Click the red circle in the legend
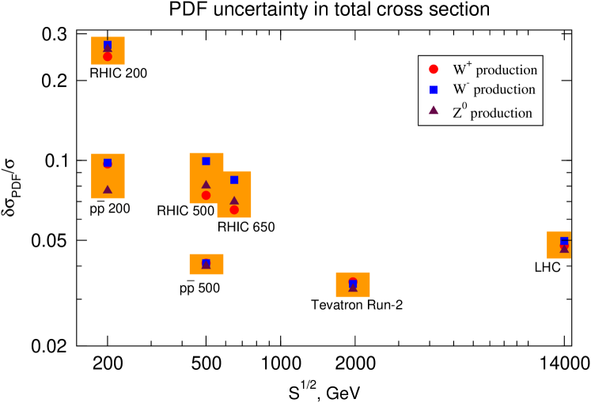coord(434,69)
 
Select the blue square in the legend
coord(434,89)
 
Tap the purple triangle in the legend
coord(434,111)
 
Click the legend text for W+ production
coord(494,70)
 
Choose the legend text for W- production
coord(494,90)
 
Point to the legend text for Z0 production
coord(492,112)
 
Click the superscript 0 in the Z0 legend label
coord(464,105)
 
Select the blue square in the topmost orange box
coord(108,44)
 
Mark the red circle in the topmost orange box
coord(108,57)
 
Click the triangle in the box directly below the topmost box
coord(108,190)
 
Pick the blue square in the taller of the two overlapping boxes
coord(206,161)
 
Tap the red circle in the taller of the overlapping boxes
coord(206,195)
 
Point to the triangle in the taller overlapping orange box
coord(206,184)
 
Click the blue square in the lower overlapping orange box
coord(234,180)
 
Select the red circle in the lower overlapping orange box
coord(234,209)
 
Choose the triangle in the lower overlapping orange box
coord(234,201)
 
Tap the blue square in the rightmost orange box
coord(564,240)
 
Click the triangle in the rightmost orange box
coord(564,249)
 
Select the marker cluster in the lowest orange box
coord(353,284)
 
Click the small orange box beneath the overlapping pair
coord(206,264)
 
